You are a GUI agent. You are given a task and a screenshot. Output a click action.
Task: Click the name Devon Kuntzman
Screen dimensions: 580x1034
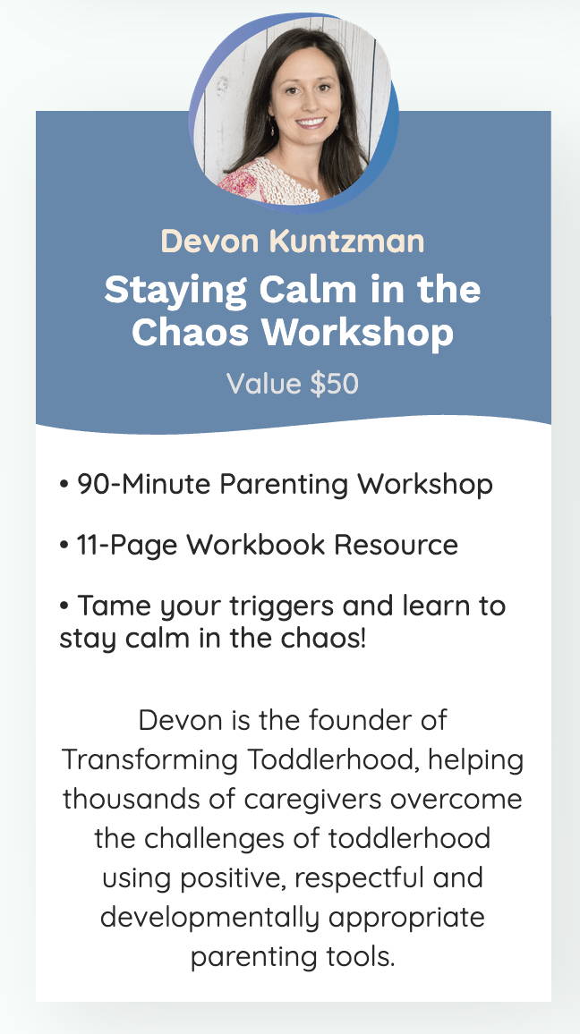[x=293, y=242]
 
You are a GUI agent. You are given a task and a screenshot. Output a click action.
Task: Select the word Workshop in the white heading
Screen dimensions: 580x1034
[x=358, y=332]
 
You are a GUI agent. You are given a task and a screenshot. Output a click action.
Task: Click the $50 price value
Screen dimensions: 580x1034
[x=334, y=383]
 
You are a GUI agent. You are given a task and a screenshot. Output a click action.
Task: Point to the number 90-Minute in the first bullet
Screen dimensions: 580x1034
[x=144, y=485]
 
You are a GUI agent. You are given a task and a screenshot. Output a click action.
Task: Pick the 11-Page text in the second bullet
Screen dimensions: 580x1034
[x=127, y=546]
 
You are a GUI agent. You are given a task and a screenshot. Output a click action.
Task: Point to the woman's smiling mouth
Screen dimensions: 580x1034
[x=310, y=123]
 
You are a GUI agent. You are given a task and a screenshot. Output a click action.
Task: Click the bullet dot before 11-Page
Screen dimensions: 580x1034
[x=64, y=546]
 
